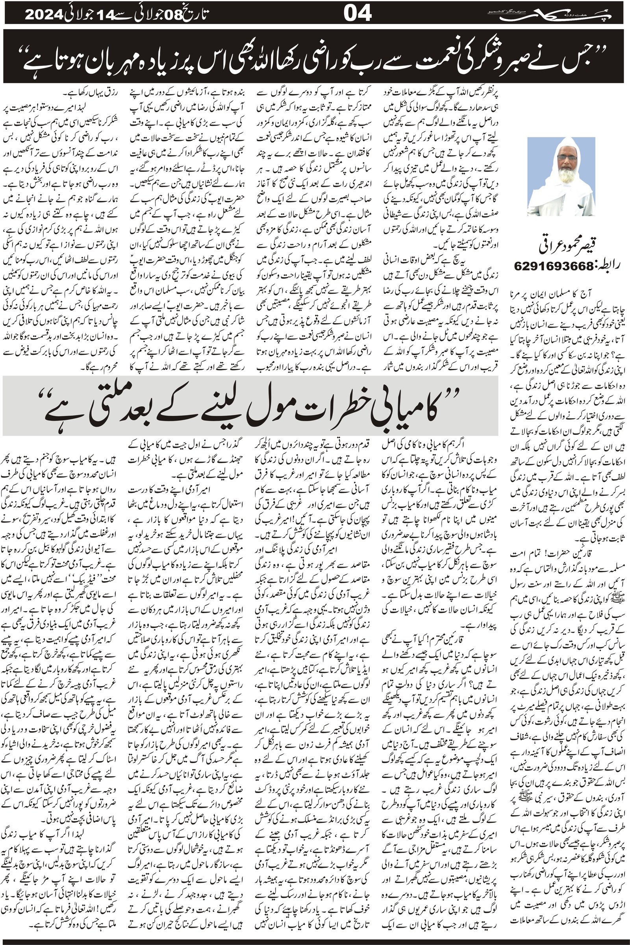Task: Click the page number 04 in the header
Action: [x=358, y=15]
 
